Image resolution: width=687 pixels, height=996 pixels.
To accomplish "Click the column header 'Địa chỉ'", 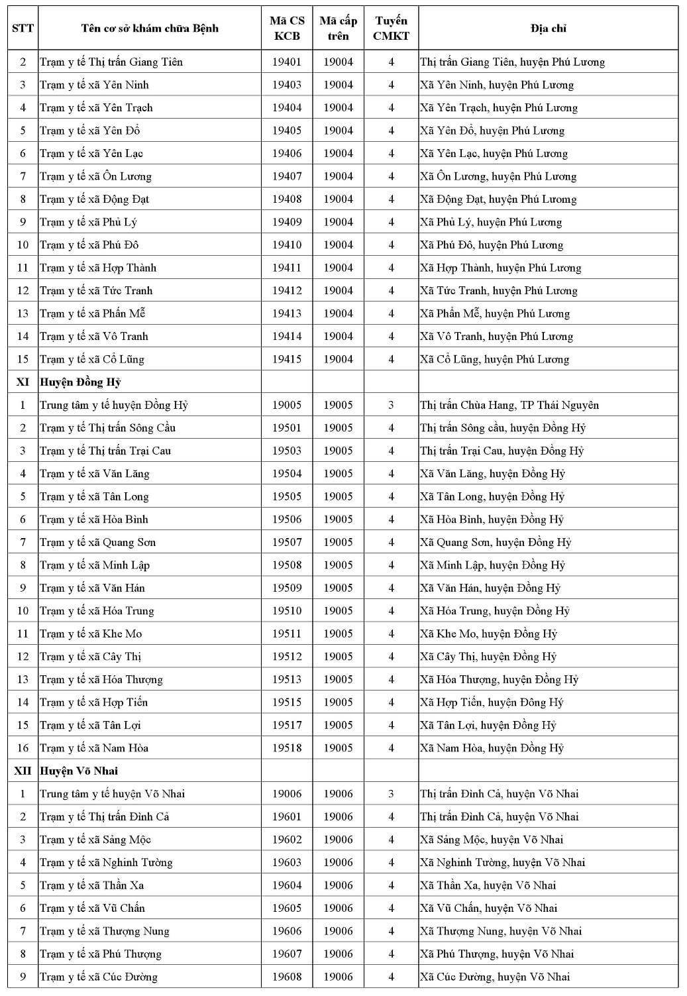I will click(x=548, y=28).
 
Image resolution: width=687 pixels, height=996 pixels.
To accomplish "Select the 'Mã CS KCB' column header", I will click(x=287, y=28).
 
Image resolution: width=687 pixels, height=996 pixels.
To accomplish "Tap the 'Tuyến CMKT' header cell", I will click(x=391, y=28).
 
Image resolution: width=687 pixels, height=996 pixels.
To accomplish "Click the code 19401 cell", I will click(x=287, y=62).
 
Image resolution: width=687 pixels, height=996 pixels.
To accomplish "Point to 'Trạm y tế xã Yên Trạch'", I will click(x=96, y=108).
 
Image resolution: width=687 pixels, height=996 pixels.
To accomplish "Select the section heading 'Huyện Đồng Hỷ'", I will click(x=80, y=382).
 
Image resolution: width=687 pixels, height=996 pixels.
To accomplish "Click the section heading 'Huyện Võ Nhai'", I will click(x=79, y=771).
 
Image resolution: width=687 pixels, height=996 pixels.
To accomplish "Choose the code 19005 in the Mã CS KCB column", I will click(x=287, y=406).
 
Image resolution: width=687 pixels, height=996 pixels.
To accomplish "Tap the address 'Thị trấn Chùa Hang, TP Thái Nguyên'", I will click(x=509, y=406).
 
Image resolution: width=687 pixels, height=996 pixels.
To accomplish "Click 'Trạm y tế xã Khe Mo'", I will click(x=91, y=634).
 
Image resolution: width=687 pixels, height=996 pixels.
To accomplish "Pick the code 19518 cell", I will click(x=287, y=748).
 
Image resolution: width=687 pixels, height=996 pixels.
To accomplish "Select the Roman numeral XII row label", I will click(x=23, y=771).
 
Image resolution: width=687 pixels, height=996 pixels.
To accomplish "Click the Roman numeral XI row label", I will click(x=23, y=382).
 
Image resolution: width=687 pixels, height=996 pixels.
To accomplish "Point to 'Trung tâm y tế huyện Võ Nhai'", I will click(x=112, y=794).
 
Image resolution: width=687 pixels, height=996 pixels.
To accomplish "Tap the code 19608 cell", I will click(x=287, y=977).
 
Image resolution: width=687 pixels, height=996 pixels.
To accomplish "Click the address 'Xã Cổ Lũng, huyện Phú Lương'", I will click(x=494, y=360).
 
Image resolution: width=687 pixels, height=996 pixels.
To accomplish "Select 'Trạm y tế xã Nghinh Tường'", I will click(x=106, y=863).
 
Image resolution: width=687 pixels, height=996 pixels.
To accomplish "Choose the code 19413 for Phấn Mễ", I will click(x=287, y=314).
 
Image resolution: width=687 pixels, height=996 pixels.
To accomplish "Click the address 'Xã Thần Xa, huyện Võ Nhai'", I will click(x=488, y=885).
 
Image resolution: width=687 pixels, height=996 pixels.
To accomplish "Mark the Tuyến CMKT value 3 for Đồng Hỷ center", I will click(x=391, y=406).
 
